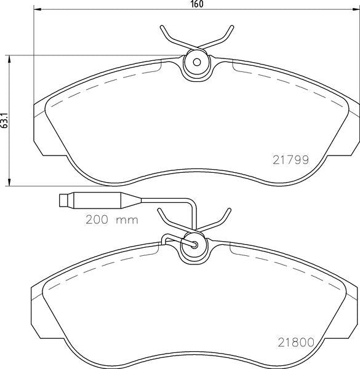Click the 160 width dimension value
pyautogui.click(x=197, y=4)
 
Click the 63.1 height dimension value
pyautogui.click(x=5, y=120)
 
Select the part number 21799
pyautogui.click(x=289, y=158)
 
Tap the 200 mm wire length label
pyautogui.click(x=112, y=218)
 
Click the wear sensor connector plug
pyautogui.click(x=64, y=200)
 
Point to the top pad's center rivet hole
pyautogui.click(x=196, y=63)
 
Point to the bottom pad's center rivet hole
pyautogui.click(x=195, y=244)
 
